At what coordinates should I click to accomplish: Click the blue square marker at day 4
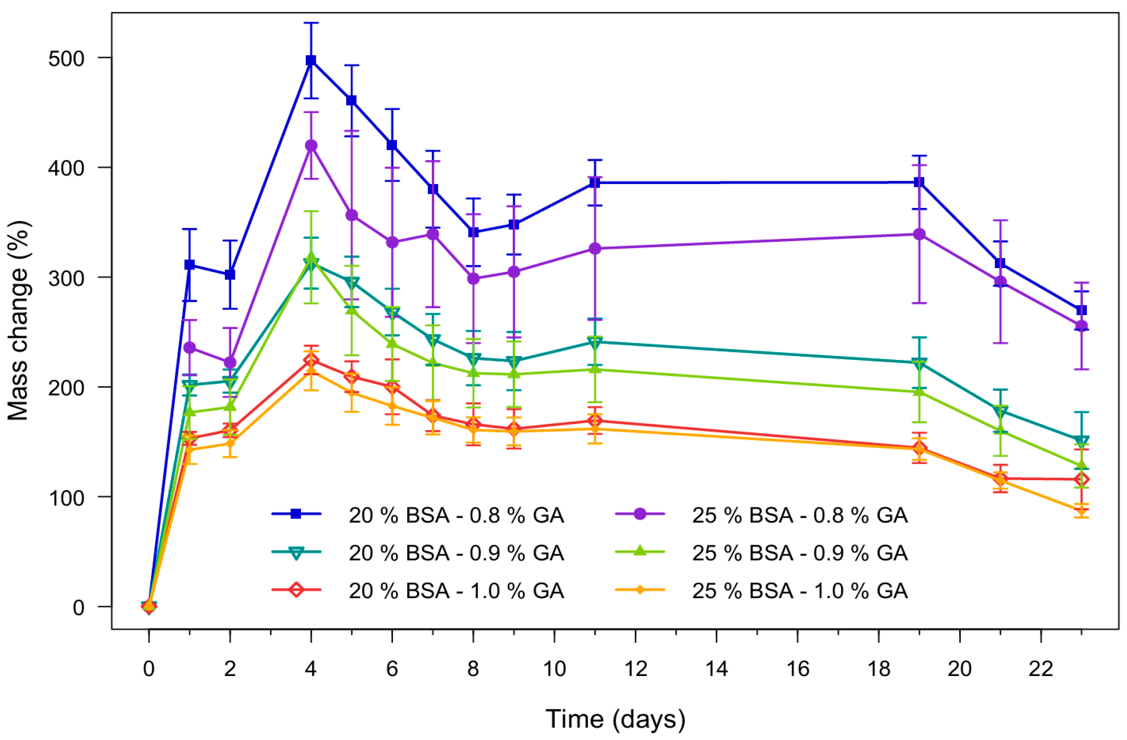tap(311, 60)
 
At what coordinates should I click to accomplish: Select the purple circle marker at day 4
tap(311, 145)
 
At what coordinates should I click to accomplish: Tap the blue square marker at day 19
tap(919, 182)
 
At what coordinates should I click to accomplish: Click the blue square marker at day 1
tap(189, 265)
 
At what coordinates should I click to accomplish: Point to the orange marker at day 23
tap(1082, 510)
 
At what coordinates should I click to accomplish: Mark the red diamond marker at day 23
tap(1082, 479)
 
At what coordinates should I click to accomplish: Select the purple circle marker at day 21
tap(1000, 282)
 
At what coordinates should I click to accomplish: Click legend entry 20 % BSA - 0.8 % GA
tap(456, 515)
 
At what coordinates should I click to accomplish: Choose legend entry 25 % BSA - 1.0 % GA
tap(800, 591)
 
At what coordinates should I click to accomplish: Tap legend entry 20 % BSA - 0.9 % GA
tap(456, 553)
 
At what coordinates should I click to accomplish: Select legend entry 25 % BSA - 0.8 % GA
tap(800, 515)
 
